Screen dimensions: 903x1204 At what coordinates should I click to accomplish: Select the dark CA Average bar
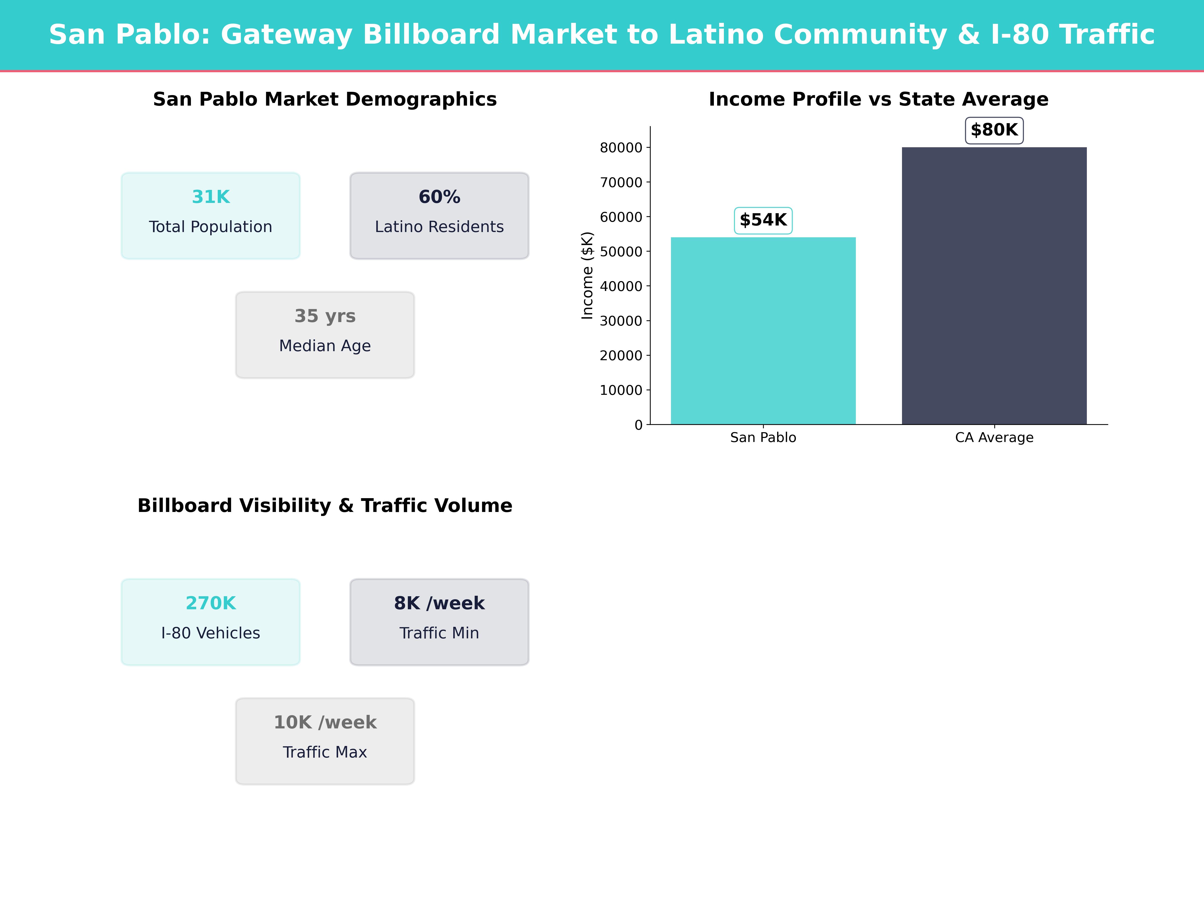[994, 286]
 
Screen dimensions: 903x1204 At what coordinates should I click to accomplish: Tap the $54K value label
[763, 220]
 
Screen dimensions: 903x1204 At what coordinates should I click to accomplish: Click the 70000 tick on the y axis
[621, 182]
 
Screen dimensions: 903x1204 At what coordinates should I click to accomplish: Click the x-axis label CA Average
[994, 438]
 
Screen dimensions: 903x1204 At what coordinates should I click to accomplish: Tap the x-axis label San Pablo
[763, 438]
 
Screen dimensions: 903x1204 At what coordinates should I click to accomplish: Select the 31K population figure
[211, 197]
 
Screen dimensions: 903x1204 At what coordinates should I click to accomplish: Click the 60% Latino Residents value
[439, 197]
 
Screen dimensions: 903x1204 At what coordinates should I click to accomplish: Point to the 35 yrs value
[325, 316]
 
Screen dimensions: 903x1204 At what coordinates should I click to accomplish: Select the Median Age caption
[325, 346]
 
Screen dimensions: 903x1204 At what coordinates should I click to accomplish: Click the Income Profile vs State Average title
[878, 100]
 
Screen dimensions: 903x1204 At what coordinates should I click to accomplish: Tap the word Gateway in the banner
[287, 35]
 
